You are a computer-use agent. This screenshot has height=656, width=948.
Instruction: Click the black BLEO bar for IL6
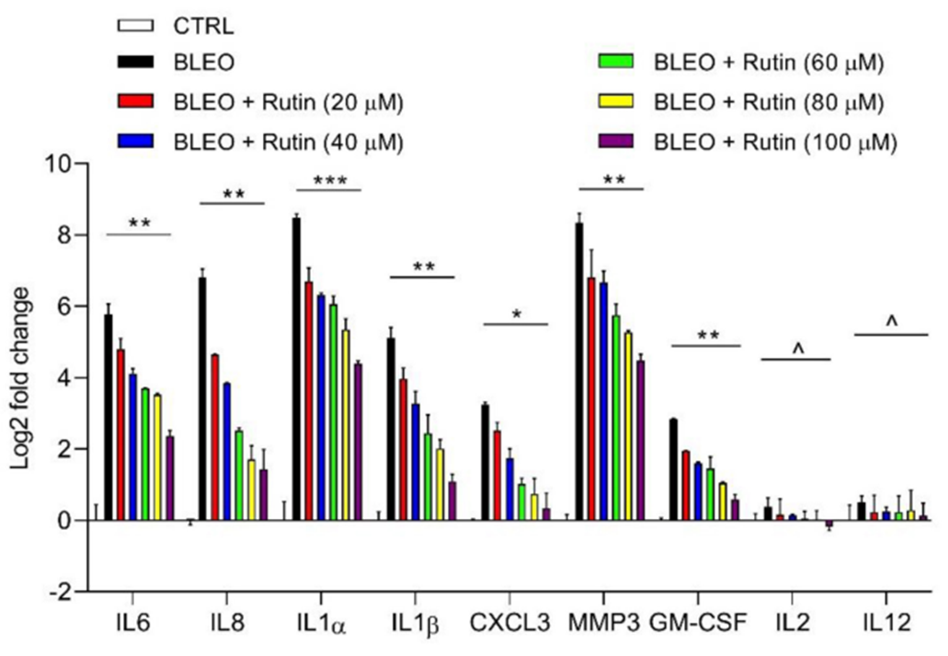click(x=109, y=418)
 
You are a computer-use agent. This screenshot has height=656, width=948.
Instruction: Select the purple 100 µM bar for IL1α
click(x=358, y=442)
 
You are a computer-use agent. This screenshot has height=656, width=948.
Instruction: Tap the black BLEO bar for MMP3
click(x=579, y=372)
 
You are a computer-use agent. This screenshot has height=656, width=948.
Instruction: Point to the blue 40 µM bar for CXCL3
click(x=509, y=489)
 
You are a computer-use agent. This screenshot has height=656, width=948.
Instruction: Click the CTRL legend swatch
click(x=140, y=24)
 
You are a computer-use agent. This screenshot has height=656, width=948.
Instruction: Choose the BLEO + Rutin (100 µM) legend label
click(x=774, y=143)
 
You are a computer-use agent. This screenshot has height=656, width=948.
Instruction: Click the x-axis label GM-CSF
click(x=697, y=624)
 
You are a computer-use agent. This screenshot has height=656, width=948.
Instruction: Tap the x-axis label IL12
click(x=885, y=624)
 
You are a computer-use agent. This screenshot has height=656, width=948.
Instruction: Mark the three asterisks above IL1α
click(x=329, y=180)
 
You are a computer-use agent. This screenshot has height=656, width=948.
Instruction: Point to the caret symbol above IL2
click(x=797, y=349)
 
